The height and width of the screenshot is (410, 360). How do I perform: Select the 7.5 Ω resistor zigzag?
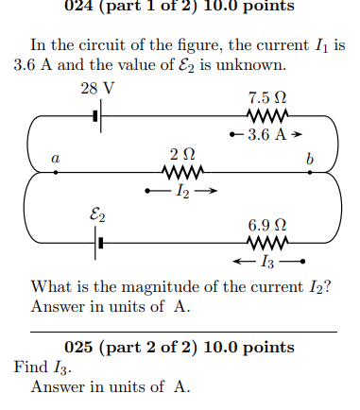click(x=262, y=117)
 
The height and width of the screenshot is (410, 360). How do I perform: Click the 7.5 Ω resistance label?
click(x=262, y=98)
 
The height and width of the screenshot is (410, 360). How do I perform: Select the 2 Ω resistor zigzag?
click(x=181, y=173)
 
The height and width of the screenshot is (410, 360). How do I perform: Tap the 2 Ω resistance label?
click(x=181, y=154)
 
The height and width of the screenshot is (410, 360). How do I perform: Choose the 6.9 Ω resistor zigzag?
click(x=262, y=243)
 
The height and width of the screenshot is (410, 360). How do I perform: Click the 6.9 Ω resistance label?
click(x=262, y=225)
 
